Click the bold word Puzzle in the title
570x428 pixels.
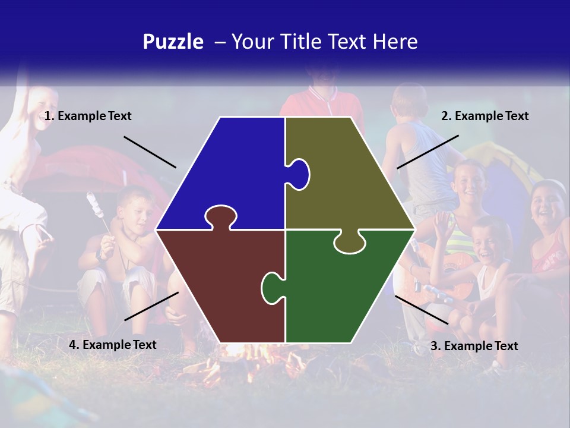click(x=173, y=42)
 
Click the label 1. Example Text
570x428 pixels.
click(x=88, y=117)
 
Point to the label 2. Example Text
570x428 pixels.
click(x=484, y=117)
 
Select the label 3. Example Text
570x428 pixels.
click(x=474, y=346)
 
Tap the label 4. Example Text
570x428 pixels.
click(x=113, y=345)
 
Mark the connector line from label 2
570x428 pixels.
click(x=427, y=152)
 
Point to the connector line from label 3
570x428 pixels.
click(x=422, y=310)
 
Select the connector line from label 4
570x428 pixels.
click(x=151, y=306)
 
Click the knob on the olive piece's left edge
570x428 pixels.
click(x=299, y=174)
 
